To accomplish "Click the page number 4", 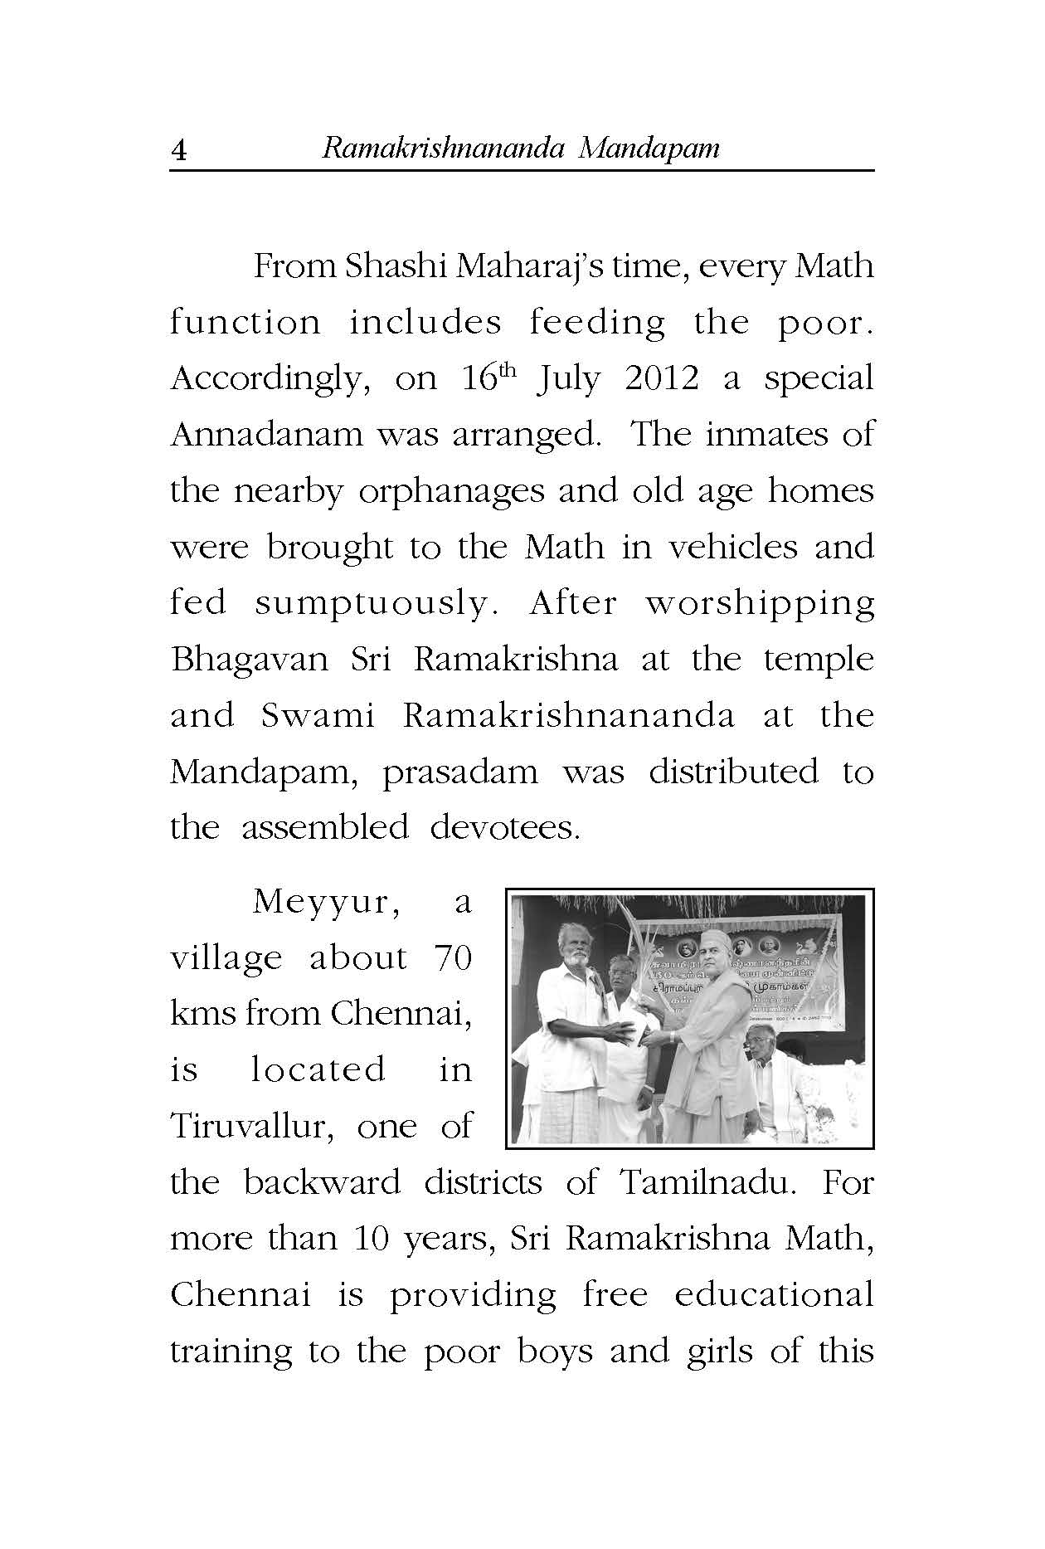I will click(x=178, y=151).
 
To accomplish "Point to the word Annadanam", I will click(x=266, y=435).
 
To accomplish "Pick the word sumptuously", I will click(x=372, y=603).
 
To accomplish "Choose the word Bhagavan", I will click(x=248, y=660).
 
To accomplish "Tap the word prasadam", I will click(x=459, y=772).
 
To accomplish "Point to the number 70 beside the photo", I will click(x=452, y=958).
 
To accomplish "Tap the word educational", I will click(x=774, y=1295).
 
